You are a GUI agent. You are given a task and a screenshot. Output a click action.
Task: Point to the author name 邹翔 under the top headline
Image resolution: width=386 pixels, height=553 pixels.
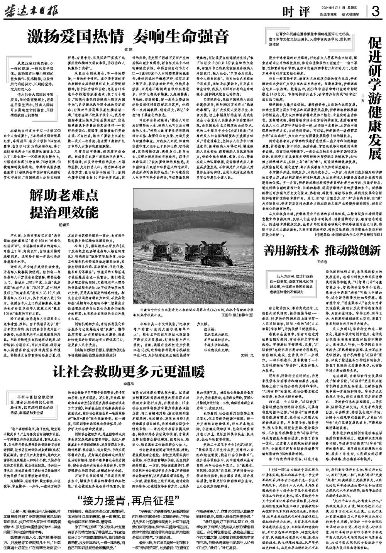coord(127,49)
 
